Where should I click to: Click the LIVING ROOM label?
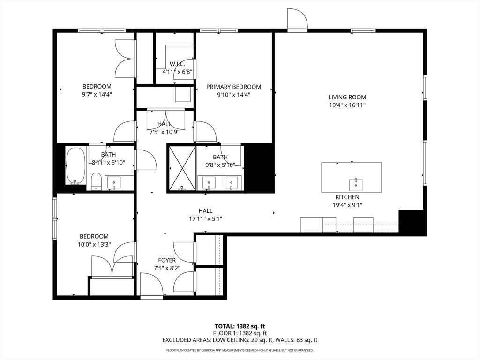pos(347,97)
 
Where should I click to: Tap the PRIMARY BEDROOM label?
pos(233,87)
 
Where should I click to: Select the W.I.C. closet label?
pos(177,64)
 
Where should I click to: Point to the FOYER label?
pos(167,260)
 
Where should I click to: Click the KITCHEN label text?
pos(347,197)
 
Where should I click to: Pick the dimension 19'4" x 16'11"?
pos(347,105)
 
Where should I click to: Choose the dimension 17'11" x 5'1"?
pos(205,219)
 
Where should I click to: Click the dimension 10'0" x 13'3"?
pos(94,245)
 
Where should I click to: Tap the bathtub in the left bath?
pos(75,166)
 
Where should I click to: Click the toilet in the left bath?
pos(97,181)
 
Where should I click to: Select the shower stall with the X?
pos(181,168)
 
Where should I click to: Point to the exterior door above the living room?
pos(297,20)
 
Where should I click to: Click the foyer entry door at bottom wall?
pos(151,285)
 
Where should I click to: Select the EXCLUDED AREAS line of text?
pos(240,340)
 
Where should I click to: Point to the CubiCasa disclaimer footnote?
pos(240,350)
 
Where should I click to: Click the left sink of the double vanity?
pos(208,182)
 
